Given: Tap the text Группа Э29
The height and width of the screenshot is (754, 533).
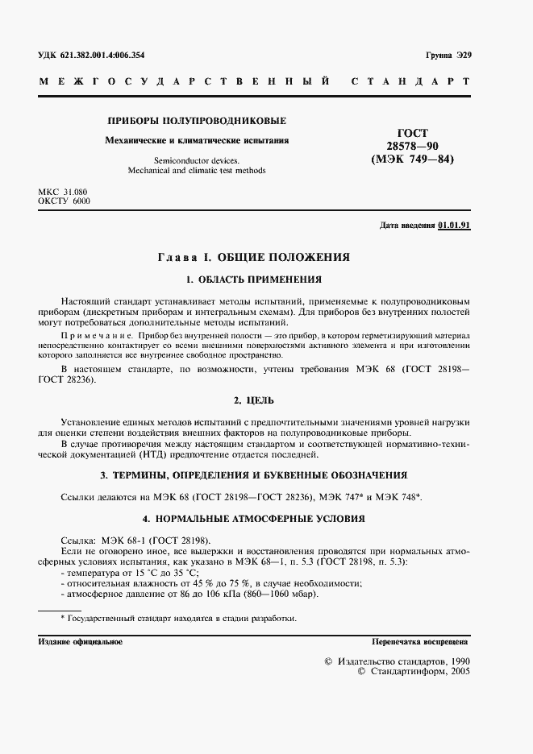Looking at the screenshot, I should coord(447,56).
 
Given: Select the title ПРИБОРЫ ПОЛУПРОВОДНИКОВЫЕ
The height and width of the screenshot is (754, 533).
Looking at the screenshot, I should coord(198,122).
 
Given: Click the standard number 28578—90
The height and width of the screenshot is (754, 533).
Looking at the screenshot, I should coord(413,146).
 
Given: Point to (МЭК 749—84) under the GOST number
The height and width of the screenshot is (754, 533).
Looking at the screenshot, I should coord(413,159).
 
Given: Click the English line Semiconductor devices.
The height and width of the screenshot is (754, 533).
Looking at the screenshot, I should coord(198,160).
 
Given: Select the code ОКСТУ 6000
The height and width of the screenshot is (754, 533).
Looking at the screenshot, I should coord(65,201).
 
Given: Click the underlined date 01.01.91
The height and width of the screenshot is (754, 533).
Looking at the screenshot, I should coord(454,226).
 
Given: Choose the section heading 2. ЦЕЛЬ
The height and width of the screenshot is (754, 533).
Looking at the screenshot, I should coord(254,400).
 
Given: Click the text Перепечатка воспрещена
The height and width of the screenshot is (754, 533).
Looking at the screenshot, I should coord(420,641).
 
